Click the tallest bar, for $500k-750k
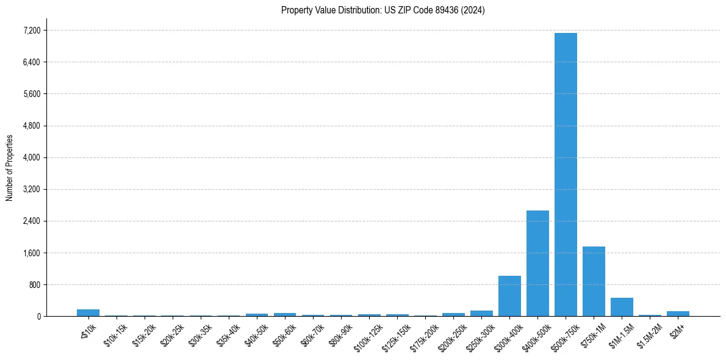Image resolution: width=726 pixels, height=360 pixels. tap(566, 175)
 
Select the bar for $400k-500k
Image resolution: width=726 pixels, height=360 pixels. tap(537, 263)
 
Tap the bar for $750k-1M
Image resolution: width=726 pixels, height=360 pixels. tap(594, 281)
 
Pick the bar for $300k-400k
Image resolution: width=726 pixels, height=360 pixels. tap(509, 296)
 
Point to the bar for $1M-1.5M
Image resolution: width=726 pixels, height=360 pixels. tap(622, 307)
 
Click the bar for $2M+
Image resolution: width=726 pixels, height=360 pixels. tap(678, 314)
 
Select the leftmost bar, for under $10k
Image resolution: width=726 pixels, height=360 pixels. tap(88, 312)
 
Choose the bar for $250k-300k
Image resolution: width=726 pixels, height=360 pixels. tap(481, 314)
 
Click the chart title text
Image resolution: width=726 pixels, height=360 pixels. tap(383, 10)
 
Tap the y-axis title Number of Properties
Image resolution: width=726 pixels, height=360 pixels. tap(9, 168)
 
